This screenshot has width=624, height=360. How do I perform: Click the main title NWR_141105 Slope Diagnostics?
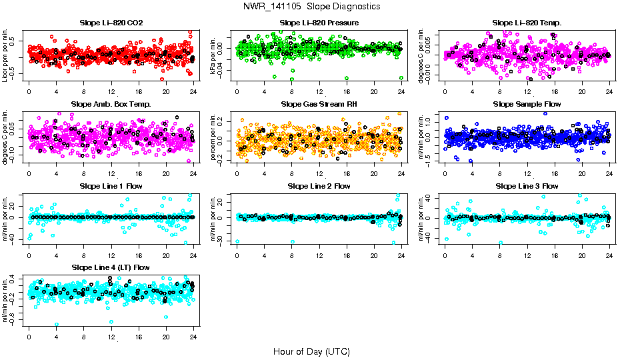311,6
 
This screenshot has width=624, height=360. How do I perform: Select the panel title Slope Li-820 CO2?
111,23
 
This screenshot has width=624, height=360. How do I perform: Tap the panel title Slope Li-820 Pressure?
319,23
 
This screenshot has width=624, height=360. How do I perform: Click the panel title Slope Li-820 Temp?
527,23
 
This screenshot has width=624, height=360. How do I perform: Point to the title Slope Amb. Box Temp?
111,105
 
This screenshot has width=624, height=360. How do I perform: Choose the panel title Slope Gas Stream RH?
319,105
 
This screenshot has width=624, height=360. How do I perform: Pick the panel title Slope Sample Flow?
527,105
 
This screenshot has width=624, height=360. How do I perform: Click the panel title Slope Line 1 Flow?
111,186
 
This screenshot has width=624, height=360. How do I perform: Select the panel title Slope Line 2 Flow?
319,186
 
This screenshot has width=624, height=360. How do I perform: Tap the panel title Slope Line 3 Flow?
527,186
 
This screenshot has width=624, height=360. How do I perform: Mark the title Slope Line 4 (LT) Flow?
111,267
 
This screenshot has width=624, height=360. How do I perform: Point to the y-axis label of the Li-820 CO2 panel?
6,56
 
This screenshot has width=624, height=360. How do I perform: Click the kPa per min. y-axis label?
214,56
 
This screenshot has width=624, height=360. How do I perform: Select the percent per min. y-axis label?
214,137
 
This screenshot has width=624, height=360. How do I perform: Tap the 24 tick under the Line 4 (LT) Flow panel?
193,337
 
